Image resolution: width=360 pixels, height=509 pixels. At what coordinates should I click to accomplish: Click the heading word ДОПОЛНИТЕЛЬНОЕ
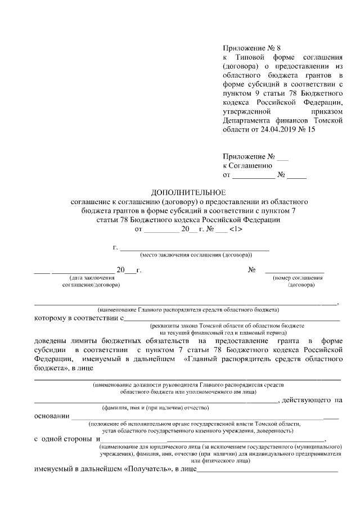(188, 192)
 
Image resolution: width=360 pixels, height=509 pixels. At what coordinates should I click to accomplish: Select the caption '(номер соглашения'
(298, 278)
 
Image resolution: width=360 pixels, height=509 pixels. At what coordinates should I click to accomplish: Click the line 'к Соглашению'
(247, 165)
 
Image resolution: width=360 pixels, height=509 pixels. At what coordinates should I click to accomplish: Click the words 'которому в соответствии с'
(78, 318)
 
